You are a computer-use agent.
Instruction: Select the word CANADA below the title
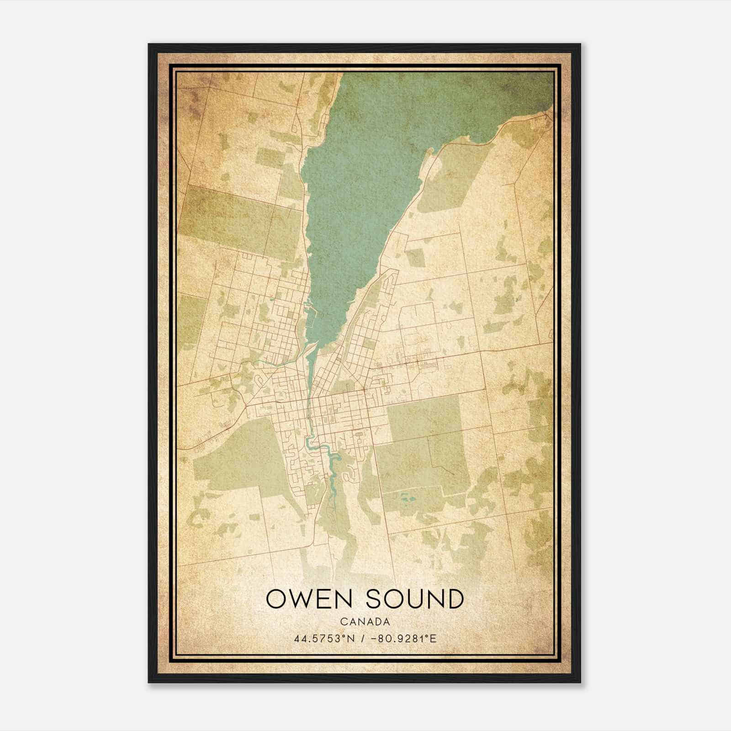click(365, 622)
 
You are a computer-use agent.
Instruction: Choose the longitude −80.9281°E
click(405, 638)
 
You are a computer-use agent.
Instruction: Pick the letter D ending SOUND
click(454, 599)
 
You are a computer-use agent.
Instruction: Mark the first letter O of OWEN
click(276, 599)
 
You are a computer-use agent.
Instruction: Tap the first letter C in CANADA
click(343, 622)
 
